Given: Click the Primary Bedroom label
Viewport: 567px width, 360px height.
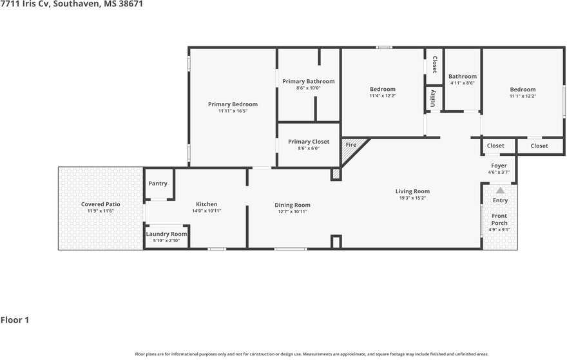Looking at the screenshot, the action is click(x=233, y=104).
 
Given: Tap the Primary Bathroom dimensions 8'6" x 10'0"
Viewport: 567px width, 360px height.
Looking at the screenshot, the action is click(x=309, y=88).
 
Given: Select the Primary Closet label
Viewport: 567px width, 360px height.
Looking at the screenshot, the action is click(x=309, y=142).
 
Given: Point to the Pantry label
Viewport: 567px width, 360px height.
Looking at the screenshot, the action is click(x=158, y=184).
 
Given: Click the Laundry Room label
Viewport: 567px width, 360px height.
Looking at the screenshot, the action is click(x=166, y=234).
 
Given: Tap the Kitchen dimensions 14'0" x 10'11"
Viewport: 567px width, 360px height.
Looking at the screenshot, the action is click(x=206, y=211).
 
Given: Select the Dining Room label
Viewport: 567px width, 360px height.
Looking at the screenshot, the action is click(x=292, y=205).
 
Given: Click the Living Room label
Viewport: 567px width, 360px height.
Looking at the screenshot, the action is click(x=412, y=191).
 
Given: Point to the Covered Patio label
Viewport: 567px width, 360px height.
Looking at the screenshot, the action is click(x=101, y=204).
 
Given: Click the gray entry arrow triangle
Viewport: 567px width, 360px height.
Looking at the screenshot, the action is click(x=500, y=190).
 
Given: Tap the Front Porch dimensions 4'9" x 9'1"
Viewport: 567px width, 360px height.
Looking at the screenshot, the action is click(x=499, y=229).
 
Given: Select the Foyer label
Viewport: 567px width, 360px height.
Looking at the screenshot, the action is click(x=499, y=166).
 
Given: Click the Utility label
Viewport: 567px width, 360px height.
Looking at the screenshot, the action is click(x=433, y=99).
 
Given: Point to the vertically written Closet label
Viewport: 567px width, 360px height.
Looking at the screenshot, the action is click(x=435, y=64).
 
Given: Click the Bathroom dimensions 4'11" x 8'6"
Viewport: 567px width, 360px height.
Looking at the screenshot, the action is click(x=463, y=83).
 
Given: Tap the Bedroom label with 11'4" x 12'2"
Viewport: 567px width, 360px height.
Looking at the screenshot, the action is click(x=383, y=89).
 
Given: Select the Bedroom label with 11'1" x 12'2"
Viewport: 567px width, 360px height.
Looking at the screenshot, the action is click(x=523, y=90).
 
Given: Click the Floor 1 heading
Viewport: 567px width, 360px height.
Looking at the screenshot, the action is click(x=15, y=320).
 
